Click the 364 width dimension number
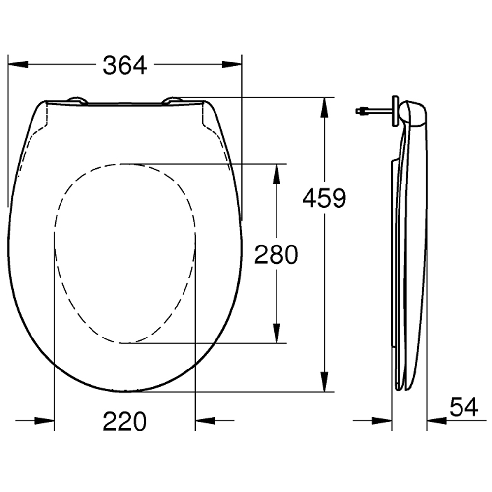124,65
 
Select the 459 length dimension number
324,198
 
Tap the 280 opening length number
276,254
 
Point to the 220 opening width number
124,421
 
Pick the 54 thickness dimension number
464,407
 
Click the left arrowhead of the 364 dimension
18,64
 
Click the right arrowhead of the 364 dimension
232,64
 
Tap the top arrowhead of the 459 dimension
324,108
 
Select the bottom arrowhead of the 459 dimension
324,382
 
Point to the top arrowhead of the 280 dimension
277,174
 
